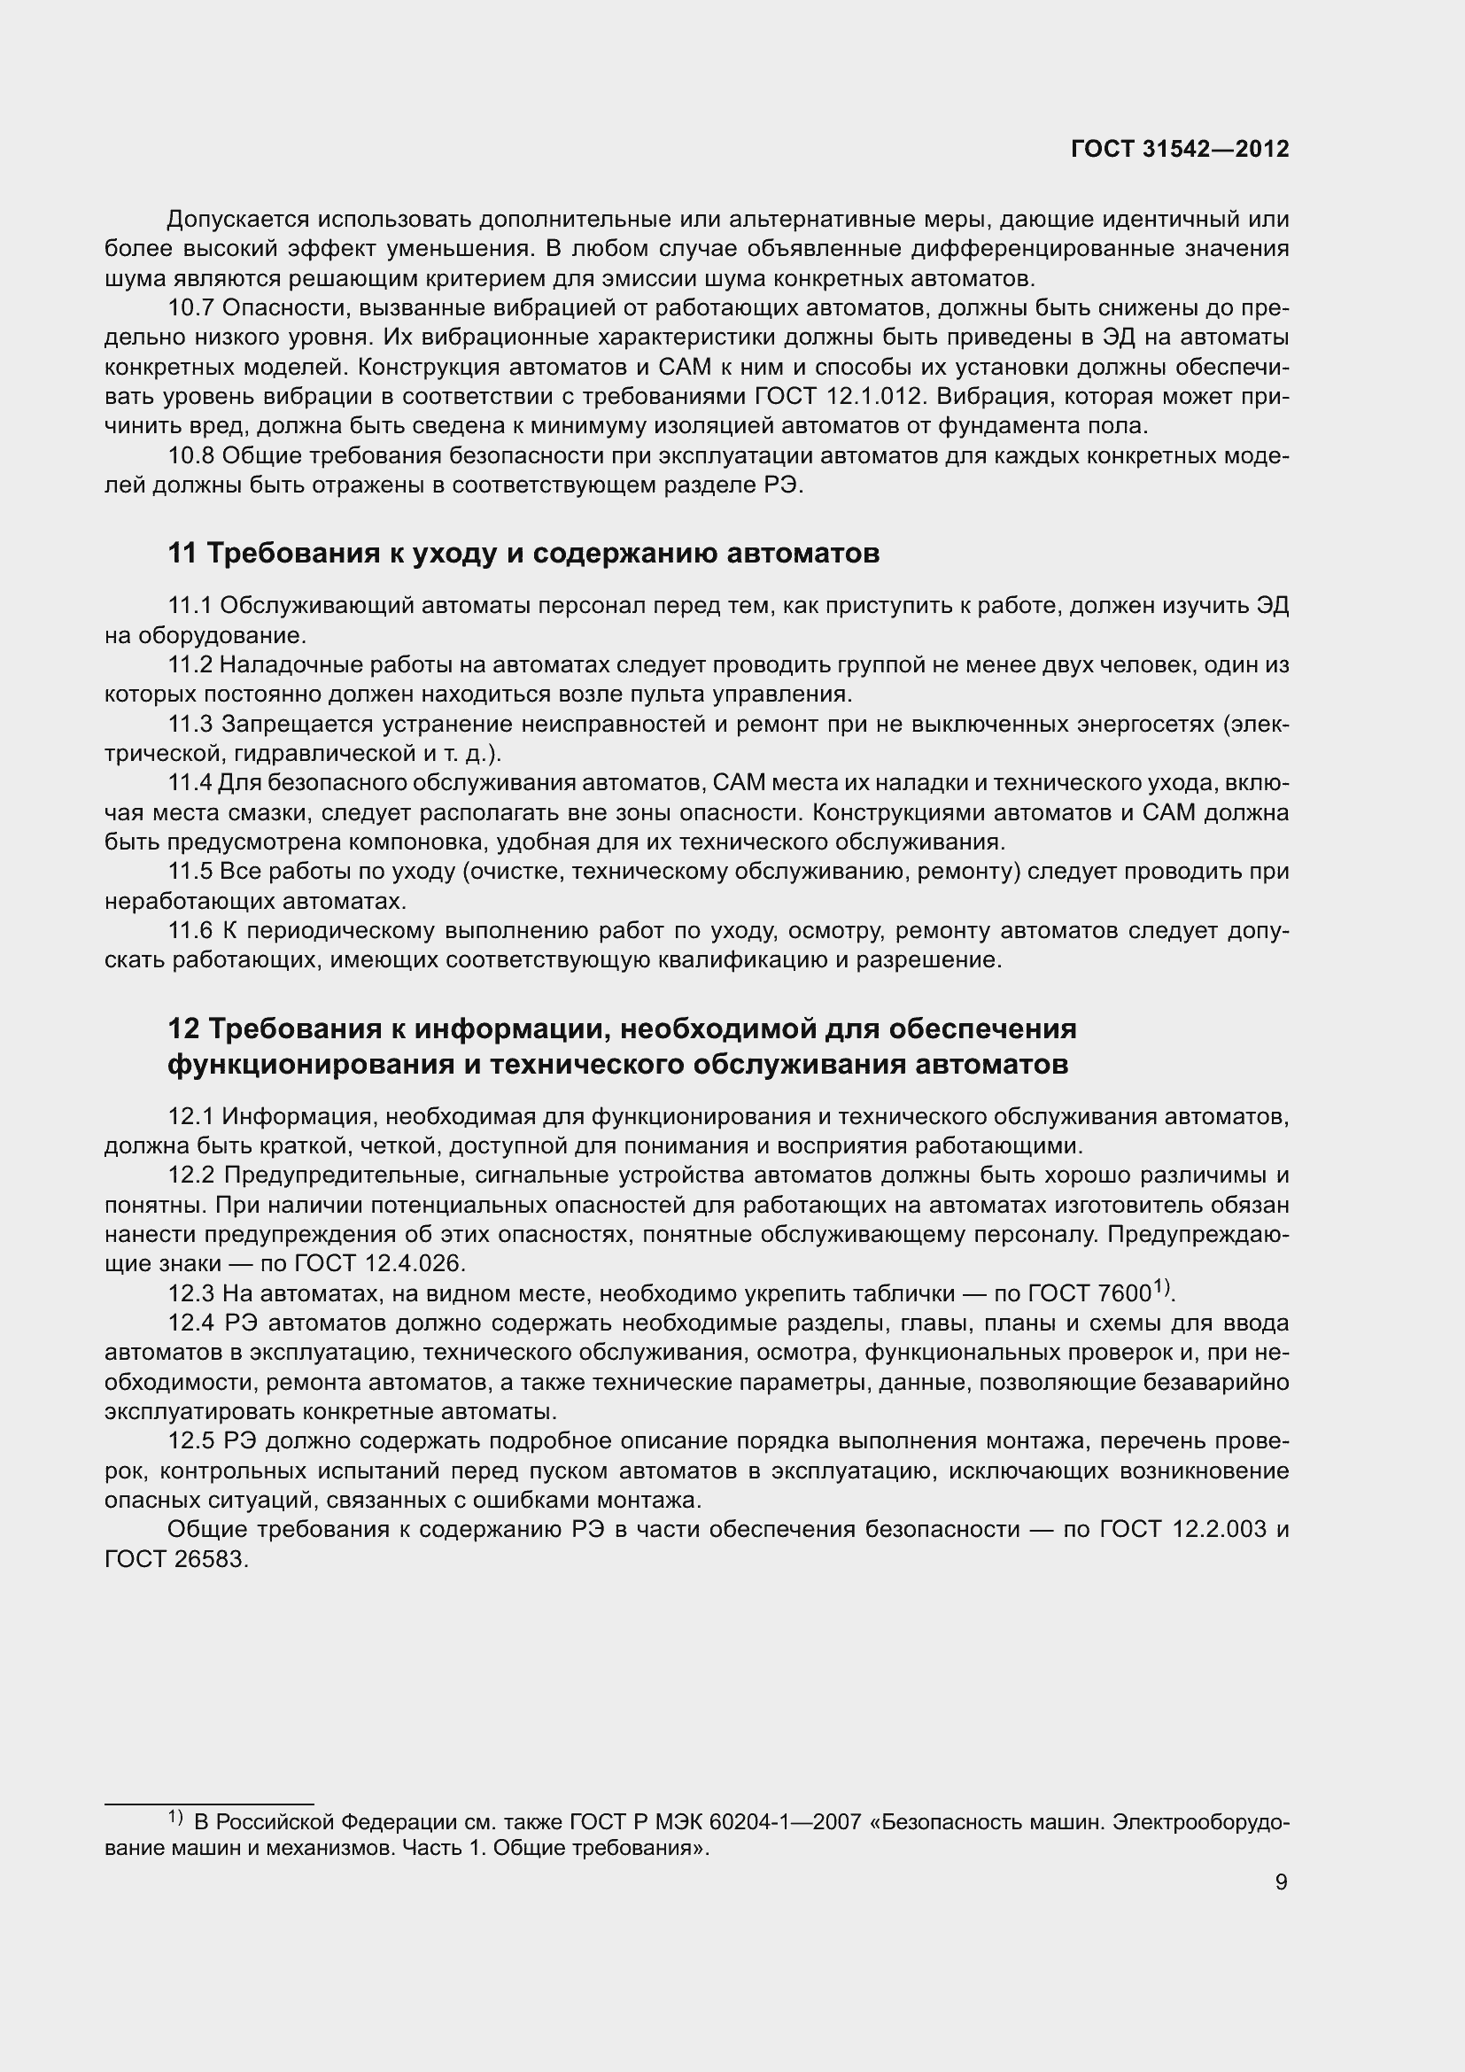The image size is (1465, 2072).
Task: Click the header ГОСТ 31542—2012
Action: pos(1180,150)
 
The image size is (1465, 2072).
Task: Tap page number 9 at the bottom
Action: pos(1281,1882)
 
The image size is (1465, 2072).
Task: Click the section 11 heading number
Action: pos(182,553)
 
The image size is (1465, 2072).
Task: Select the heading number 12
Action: pos(183,1028)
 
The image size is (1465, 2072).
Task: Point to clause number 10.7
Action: pos(190,308)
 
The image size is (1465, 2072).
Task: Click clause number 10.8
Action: pos(190,456)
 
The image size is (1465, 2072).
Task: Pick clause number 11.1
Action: pos(190,606)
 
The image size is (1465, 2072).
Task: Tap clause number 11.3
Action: pos(190,724)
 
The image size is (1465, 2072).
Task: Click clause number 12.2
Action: pos(191,1176)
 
